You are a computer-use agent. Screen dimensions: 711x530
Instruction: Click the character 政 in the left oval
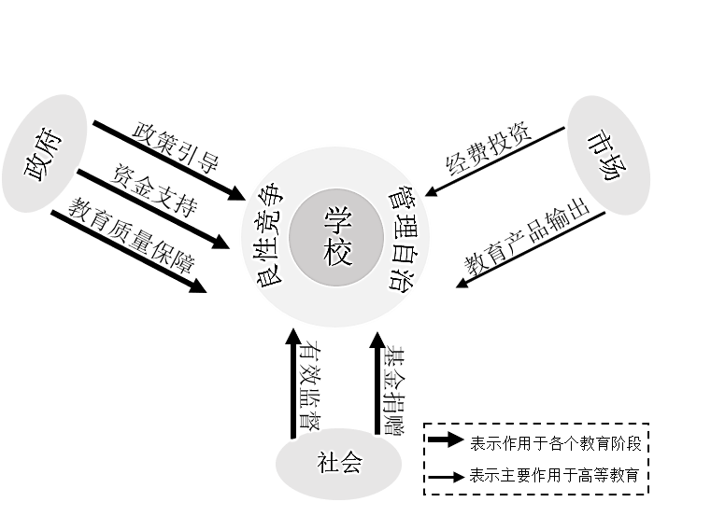(38, 168)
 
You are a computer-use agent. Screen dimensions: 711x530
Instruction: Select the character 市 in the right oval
(599, 141)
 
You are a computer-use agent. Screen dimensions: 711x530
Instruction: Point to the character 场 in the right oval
(614, 168)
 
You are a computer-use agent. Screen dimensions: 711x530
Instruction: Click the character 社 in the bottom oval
(326, 463)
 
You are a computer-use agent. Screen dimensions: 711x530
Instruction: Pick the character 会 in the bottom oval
(350, 463)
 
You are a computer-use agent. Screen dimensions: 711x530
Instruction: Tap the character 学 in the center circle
(337, 222)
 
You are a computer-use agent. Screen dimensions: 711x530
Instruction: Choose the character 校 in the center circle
(337, 251)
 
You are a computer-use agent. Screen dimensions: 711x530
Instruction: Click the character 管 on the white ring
(403, 197)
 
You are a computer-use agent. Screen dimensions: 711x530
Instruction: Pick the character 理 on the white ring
(413, 224)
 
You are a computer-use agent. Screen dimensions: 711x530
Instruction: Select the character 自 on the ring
(414, 252)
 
